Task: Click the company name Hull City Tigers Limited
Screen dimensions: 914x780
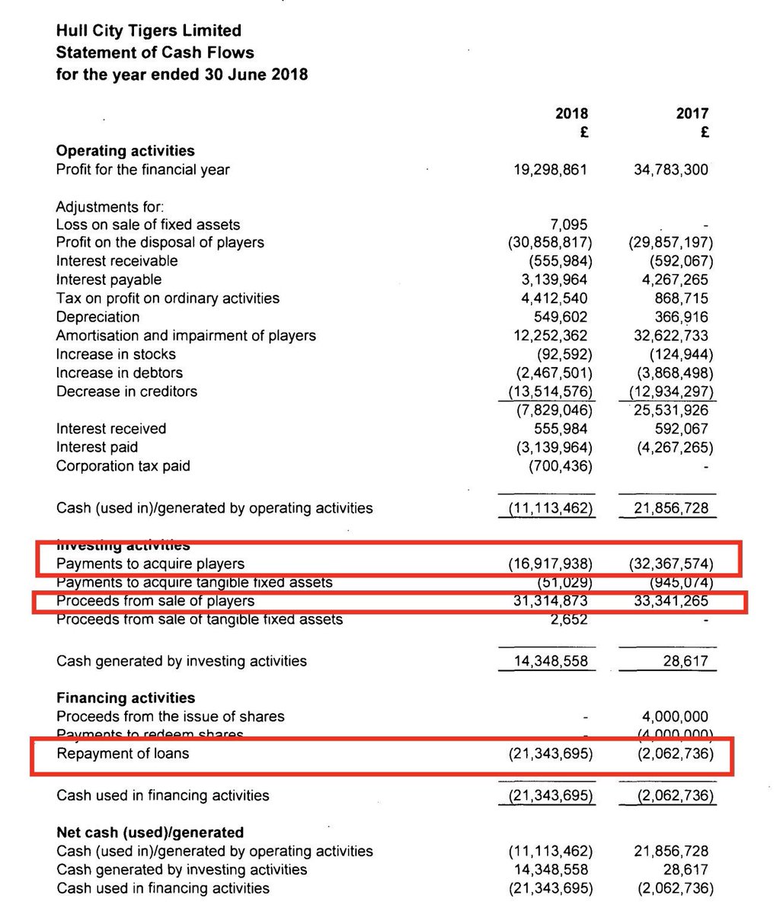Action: [149, 31]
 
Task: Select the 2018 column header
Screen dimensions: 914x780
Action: [571, 113]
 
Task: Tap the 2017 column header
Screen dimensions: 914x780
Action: [692, 113]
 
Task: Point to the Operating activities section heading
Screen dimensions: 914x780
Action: [125, 151]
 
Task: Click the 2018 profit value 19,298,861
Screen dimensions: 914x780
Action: [551, 169]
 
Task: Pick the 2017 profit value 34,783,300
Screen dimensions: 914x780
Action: [670, 169]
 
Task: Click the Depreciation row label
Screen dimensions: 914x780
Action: [97, 317]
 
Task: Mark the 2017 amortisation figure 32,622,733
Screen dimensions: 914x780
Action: [670, 335]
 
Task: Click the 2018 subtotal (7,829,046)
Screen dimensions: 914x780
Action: [551, 410]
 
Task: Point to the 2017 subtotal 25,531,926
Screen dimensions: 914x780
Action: [670, 410]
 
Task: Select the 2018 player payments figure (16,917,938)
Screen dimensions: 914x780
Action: [551, 564]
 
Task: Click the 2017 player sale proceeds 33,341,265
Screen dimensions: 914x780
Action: [670, 601]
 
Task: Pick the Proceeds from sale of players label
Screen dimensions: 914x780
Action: [155, 601]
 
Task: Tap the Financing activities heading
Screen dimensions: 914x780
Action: [126, 698]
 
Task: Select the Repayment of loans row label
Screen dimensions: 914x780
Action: [123, 754]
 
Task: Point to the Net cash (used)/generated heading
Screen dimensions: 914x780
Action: [150, 833]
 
